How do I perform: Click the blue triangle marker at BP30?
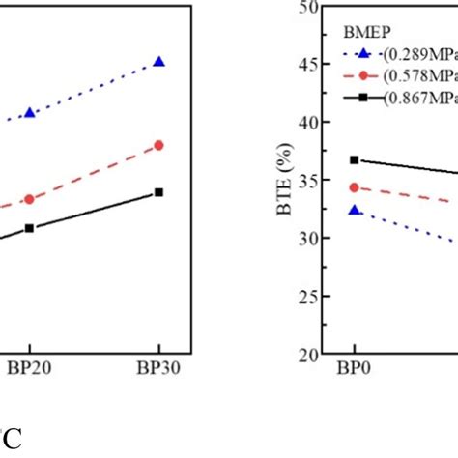pos(158,62)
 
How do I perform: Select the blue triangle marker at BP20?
pos(30,113)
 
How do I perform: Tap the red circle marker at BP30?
pos(158,145)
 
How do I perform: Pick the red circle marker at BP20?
pos(30,198)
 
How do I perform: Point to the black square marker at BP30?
pos(158,191)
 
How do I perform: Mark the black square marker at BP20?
pos(30,228)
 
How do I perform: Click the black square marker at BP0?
pos(354,159)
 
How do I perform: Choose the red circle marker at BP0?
pos(354,187)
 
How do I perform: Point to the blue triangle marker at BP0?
pos(354,210)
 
